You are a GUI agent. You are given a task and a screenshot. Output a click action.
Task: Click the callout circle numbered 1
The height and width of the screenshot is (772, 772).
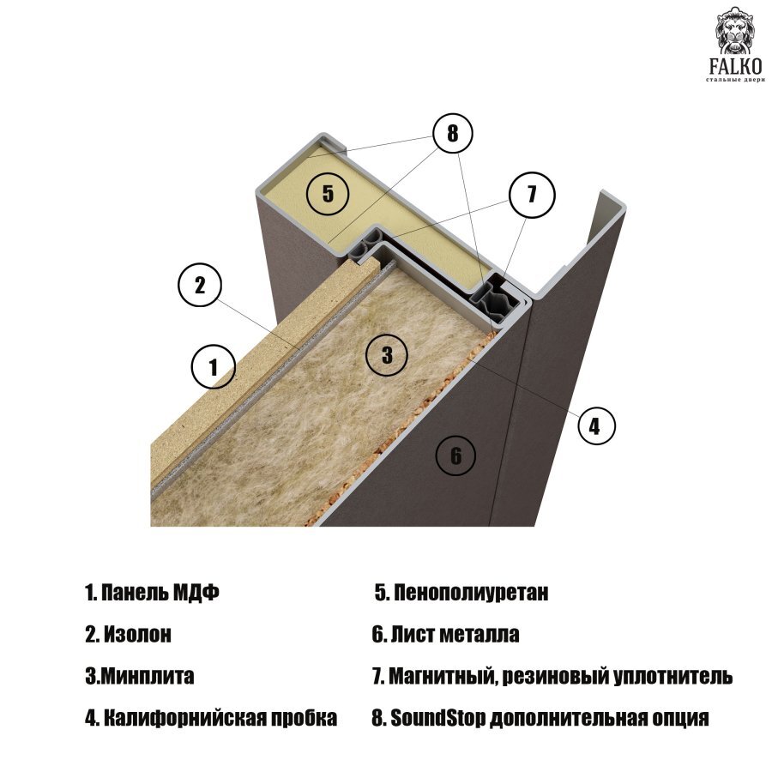click(214, 366)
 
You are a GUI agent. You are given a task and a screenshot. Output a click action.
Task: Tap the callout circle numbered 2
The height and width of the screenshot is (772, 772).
click(200, 285)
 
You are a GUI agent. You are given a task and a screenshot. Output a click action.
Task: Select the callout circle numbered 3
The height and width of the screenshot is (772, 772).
click(387, 354)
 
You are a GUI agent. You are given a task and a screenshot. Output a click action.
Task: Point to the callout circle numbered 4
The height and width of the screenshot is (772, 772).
click(595, 425)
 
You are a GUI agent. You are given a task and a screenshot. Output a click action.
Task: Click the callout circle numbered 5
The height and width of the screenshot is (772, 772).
click(328, 193)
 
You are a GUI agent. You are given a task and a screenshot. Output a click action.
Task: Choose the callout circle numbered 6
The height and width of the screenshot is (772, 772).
click(456, 455)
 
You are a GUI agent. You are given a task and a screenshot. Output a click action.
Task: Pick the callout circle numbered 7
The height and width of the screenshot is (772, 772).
click(532, 195)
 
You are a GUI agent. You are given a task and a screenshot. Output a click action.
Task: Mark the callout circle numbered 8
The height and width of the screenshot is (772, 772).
click(452, 133)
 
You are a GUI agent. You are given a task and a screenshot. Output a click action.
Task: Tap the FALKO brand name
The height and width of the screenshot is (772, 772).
click(736, 66)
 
